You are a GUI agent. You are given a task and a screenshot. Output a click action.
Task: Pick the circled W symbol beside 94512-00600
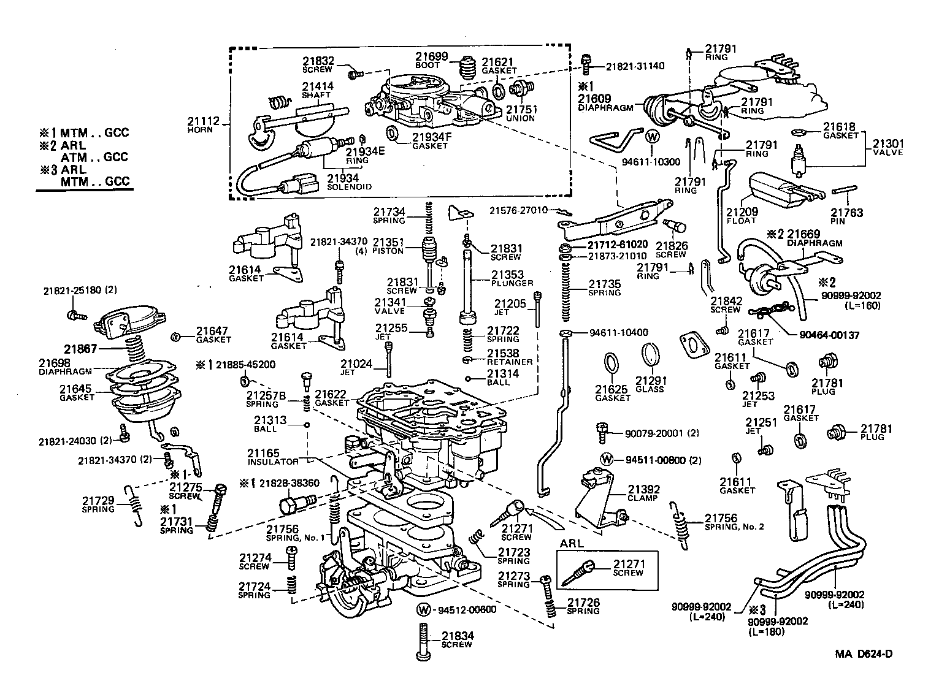[424, 610]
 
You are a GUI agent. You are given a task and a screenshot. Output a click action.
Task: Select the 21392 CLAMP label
[643, 493]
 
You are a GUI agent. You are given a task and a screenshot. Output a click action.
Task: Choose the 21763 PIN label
[847, 216]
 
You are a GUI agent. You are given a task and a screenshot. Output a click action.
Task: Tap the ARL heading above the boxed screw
[572, 543]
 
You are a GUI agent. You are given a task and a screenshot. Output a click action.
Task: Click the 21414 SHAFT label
[317, 90]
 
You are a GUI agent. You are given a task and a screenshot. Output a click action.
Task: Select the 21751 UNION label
[521, 113]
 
